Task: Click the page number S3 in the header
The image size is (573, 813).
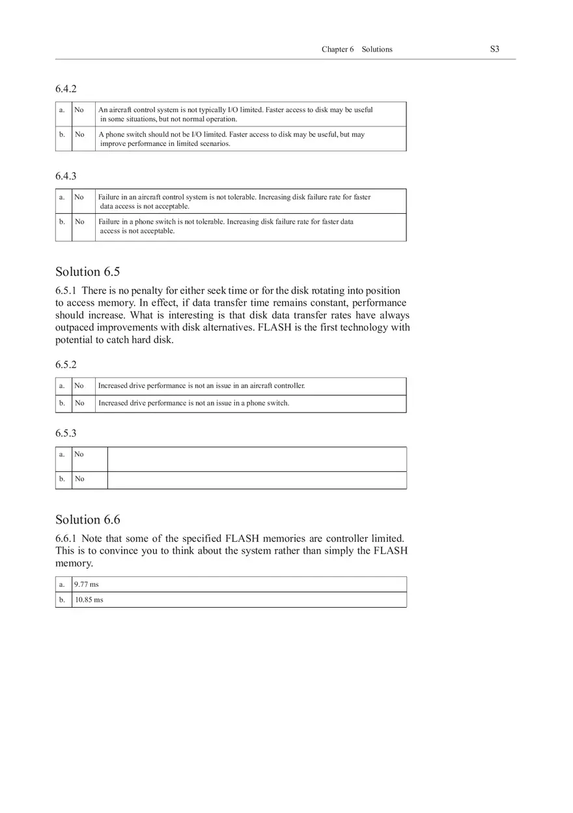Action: click(x=494, y=49)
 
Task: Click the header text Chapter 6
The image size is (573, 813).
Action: click(x=337, y=50)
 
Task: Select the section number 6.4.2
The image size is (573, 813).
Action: click(x=66, y=89)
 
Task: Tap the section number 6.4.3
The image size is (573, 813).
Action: click(x=66, y=176)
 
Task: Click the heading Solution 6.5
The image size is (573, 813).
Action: click(x=87, y=272)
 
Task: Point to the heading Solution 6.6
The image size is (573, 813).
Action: click(x=87, y=520)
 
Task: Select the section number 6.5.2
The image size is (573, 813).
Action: click(x=66, y=364)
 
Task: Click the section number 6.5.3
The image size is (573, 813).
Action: click(x=66, y=433)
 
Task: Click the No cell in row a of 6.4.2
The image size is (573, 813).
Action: click(x=79, y=110)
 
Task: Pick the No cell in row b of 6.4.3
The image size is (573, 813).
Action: click(x=79, y=222)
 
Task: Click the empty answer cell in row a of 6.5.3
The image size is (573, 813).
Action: click(x=257, y=459)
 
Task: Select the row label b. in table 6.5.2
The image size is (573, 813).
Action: click(x=63, y=403)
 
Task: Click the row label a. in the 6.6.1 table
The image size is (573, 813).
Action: click(x=63, y=584)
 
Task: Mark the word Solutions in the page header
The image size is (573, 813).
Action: click(x=377, y=50)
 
